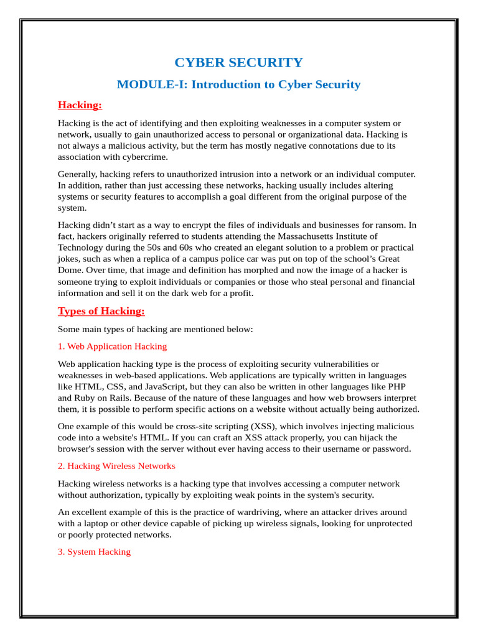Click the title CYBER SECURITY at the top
pyautogui.click(x=238, y=63)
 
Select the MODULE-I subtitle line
pyautogui.click(x=238, y=85)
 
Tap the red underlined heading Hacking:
pyautogui.click(x=80, y=105)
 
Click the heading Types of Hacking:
pyautogui.click(x=101, y=311)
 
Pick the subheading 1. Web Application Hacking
pyautogui.click(x=112, y=346)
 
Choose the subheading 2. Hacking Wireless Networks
pyautogui.click(x=116, y=466)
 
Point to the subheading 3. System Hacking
pyautogui.click(x=94, y=552)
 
